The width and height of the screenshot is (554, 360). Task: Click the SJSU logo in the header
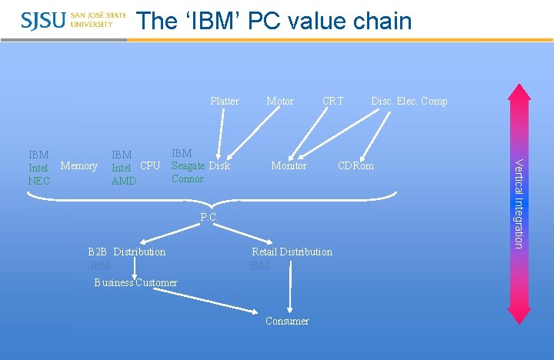pyautogui.click(x=74, y=20)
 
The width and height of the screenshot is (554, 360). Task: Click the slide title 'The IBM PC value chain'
pyautogui.click(x=274, y=21)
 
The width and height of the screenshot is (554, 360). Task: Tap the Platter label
pyautogui.click(x=225, y=101)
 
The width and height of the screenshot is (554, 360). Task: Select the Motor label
pyautogui.click(x=280, y=101)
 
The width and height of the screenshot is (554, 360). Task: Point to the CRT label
pyautogui.click(x=333, y=101)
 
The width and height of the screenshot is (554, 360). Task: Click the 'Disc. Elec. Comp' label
pyautogui.click(x=409, y=101)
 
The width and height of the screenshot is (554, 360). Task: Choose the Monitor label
pyautogui.click(x=289, y=165)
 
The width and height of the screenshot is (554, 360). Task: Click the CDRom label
pyautogui.click(x=356, y=165)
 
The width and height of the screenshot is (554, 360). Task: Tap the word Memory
pyautogui.click(x=78, y=165)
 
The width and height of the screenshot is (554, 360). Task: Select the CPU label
pyautogui.click(x=150, y=165)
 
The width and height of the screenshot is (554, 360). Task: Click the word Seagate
pyautogui.click(x=188, y=165)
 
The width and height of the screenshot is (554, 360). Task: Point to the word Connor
pyautogui.click(x=188, y=178)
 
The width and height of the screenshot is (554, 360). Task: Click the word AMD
pyautogui.click(x=123, y=181)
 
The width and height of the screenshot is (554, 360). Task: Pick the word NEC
pyautogui.click(x=38, y=181)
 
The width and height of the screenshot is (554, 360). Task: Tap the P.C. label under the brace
pyautogui.click(x=209, y=218)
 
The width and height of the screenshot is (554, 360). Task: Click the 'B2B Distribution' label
pyautogui.click(x=127, y=252)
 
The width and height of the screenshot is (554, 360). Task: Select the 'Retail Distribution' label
pyautogui.click(x=292, y=252)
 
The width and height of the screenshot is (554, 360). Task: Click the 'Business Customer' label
pyautogui.click(x=135, y=282)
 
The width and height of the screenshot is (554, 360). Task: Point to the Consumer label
pyautogui.click(x=287, y=321)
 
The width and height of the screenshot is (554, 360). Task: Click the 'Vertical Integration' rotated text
pyautogui.click(x=519, y=203)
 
